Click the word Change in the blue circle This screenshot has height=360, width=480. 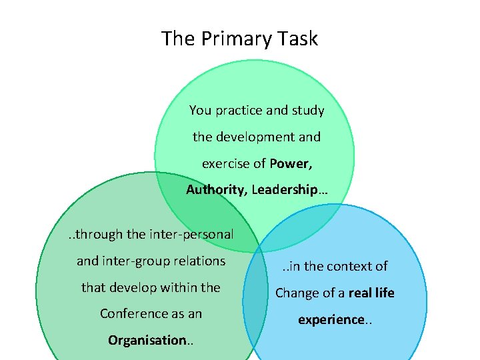pos(298,293)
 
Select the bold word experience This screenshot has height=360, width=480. pos(330,319)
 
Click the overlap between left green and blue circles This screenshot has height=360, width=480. pos(255,303)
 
